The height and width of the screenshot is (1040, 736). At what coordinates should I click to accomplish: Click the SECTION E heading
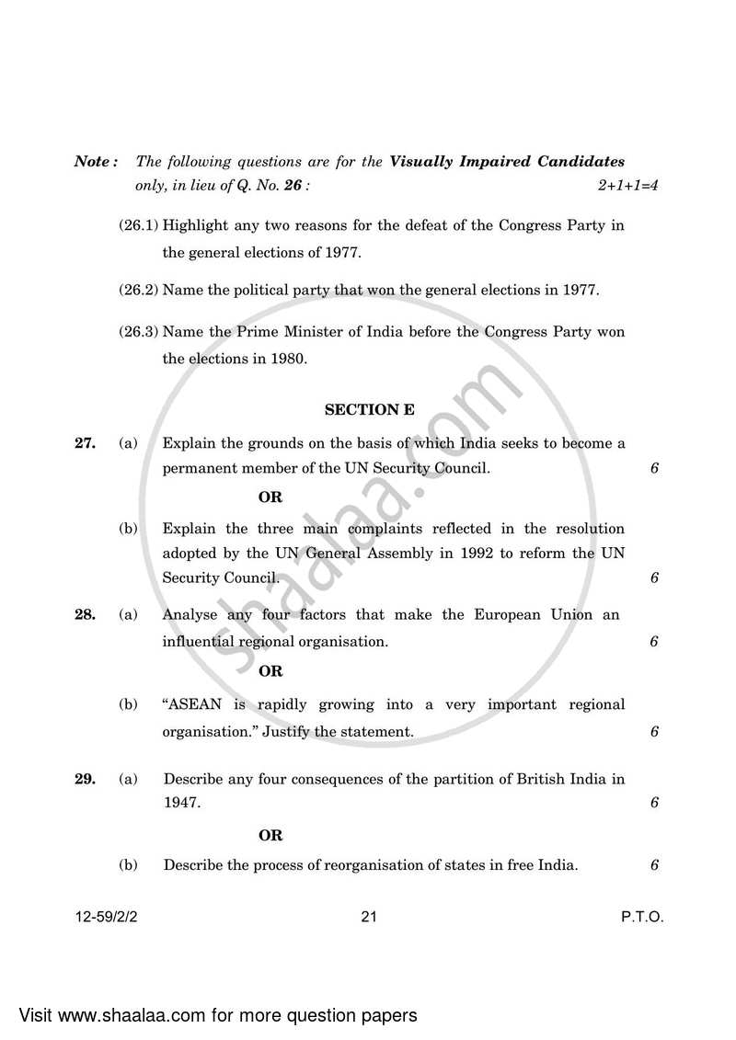point(370,410)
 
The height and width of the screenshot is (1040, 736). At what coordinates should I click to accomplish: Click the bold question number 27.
point(85,443)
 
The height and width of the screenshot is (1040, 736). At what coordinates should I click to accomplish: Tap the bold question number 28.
point(85,614)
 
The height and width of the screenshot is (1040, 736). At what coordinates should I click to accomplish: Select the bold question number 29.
point(85,779)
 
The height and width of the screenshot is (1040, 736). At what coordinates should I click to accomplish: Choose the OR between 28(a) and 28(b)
point(270,671)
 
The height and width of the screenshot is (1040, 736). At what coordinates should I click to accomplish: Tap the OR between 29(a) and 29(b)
point(270,836)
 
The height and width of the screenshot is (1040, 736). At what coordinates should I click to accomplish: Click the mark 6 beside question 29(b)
point(654,865)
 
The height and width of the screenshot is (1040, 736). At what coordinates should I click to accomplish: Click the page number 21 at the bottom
point(370,917)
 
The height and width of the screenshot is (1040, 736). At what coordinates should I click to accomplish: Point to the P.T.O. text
point(641,917)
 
